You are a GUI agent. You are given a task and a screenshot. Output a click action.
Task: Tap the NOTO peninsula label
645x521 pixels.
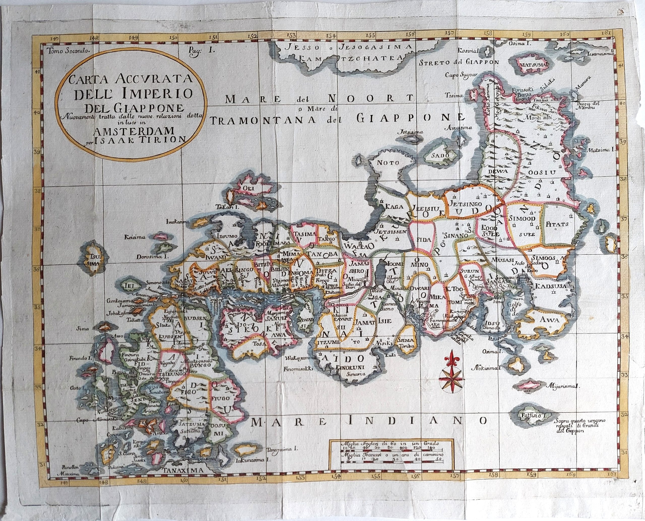(388, 163)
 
